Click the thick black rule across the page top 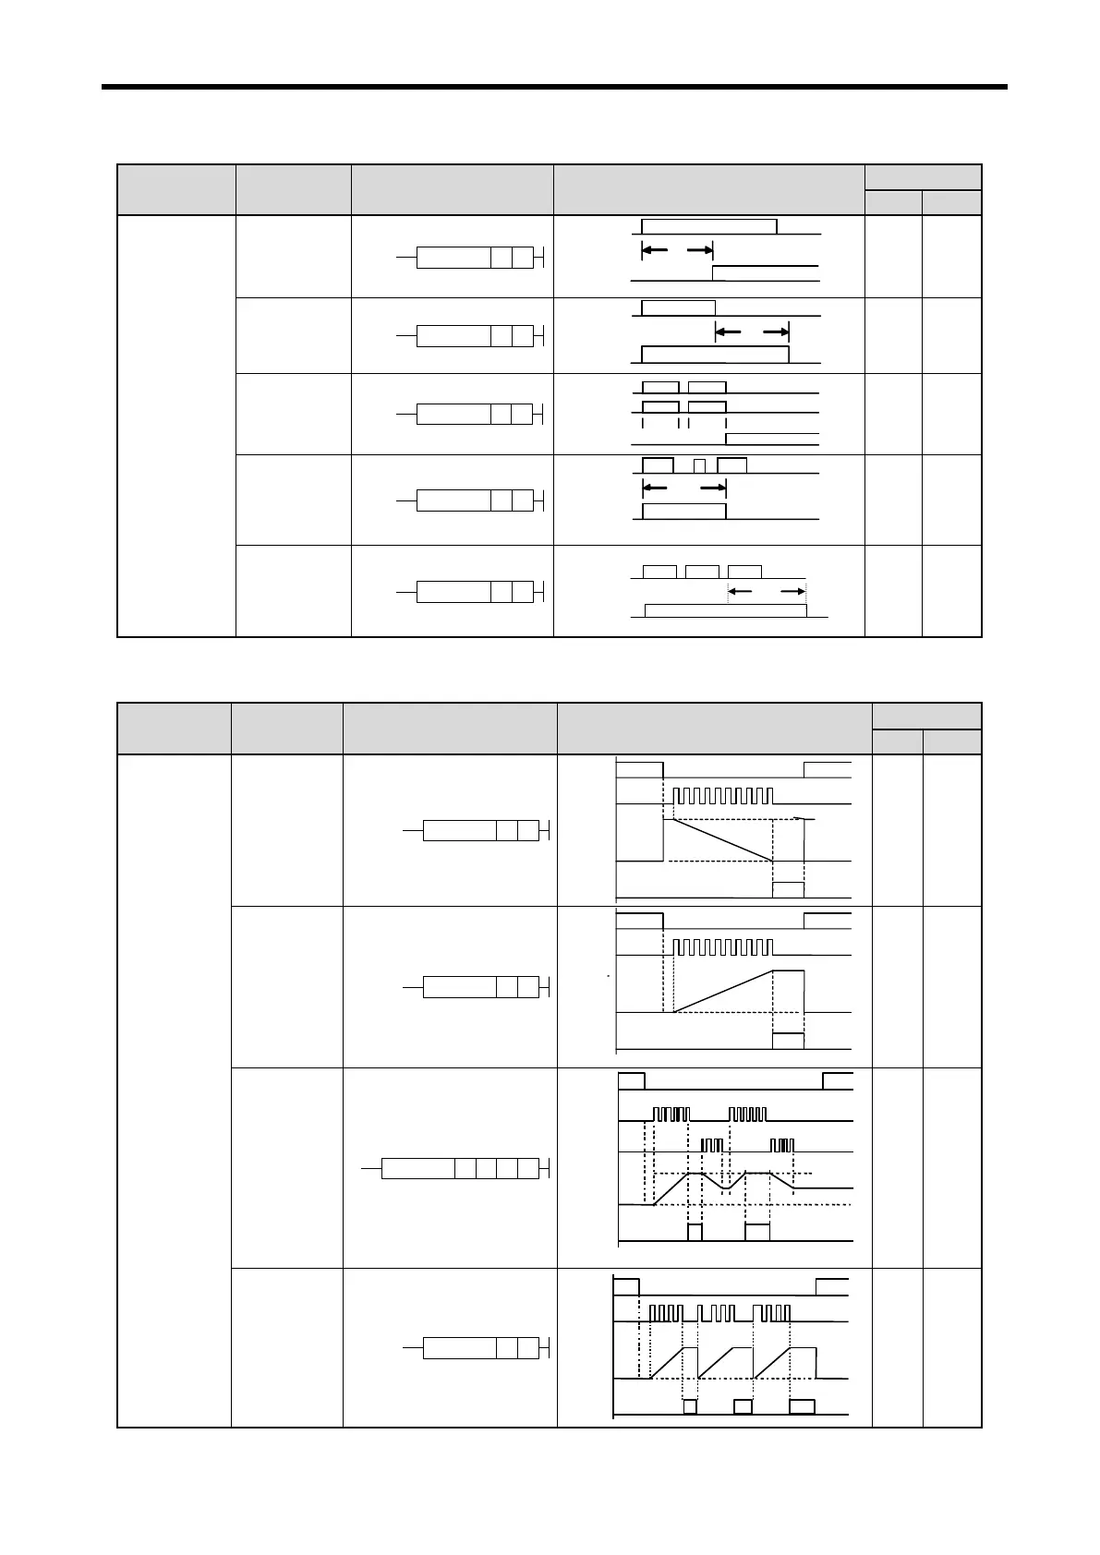554,88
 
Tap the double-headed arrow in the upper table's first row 677,250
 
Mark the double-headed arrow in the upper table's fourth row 683,487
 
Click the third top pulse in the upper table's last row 744,572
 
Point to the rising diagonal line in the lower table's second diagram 722,990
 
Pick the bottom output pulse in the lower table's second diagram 788,1041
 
